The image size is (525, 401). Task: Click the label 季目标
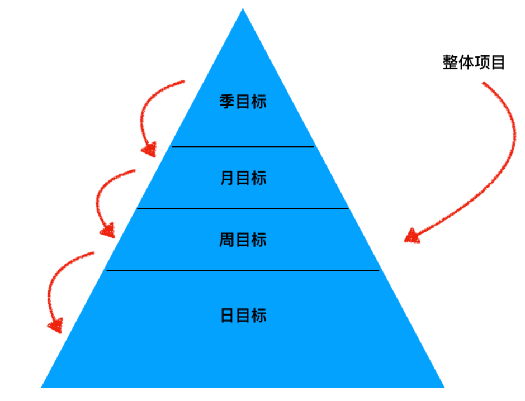(243, 102)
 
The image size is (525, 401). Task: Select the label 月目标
(243, 178)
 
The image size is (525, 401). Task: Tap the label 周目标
(243, 240)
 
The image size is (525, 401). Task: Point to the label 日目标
(243, 316)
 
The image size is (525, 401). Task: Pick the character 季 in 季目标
(227, 102)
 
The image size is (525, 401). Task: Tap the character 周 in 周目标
(227, 240)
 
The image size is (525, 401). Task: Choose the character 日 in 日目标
(227, 316)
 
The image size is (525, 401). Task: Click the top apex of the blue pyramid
(243, 9)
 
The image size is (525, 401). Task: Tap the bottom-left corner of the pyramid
(42, 386)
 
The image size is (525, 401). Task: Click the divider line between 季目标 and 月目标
(243, 147)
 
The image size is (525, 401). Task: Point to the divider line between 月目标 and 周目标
(243, 209)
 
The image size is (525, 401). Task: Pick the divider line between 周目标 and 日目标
(243, 270)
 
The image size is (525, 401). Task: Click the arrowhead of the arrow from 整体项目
(412, 236)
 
